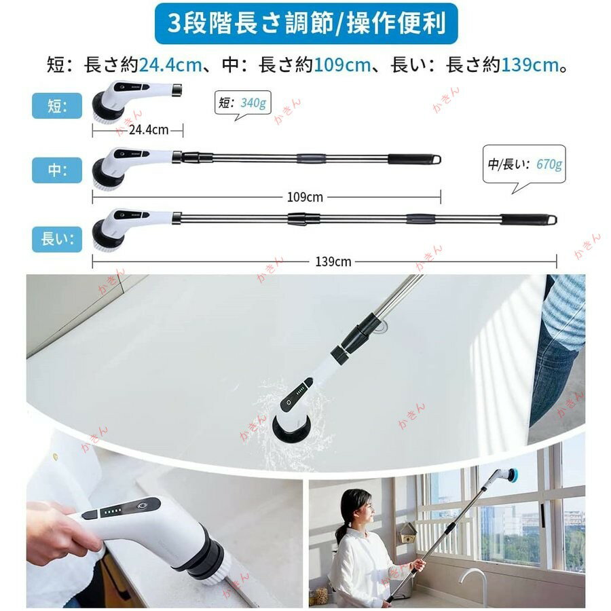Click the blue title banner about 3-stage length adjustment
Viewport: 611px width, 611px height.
click(306, 24)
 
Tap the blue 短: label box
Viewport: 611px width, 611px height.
click(57, 106)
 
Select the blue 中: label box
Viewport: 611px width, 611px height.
click(57, 170)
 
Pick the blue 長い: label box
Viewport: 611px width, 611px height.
click(57, 239)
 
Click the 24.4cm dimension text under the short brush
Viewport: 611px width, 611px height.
click(149, 130)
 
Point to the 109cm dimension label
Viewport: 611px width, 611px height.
click(305, 197)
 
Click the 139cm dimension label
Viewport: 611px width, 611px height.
click(333, 261)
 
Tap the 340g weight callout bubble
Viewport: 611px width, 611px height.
click(242, 104)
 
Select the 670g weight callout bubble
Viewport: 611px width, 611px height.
click(524, 165)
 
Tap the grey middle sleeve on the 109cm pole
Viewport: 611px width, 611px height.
click(310, 158)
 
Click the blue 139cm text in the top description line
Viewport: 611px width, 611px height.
click(530, 65)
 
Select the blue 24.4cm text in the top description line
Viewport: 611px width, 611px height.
click(170, 65)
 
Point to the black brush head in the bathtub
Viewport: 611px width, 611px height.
click(291, 425)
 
